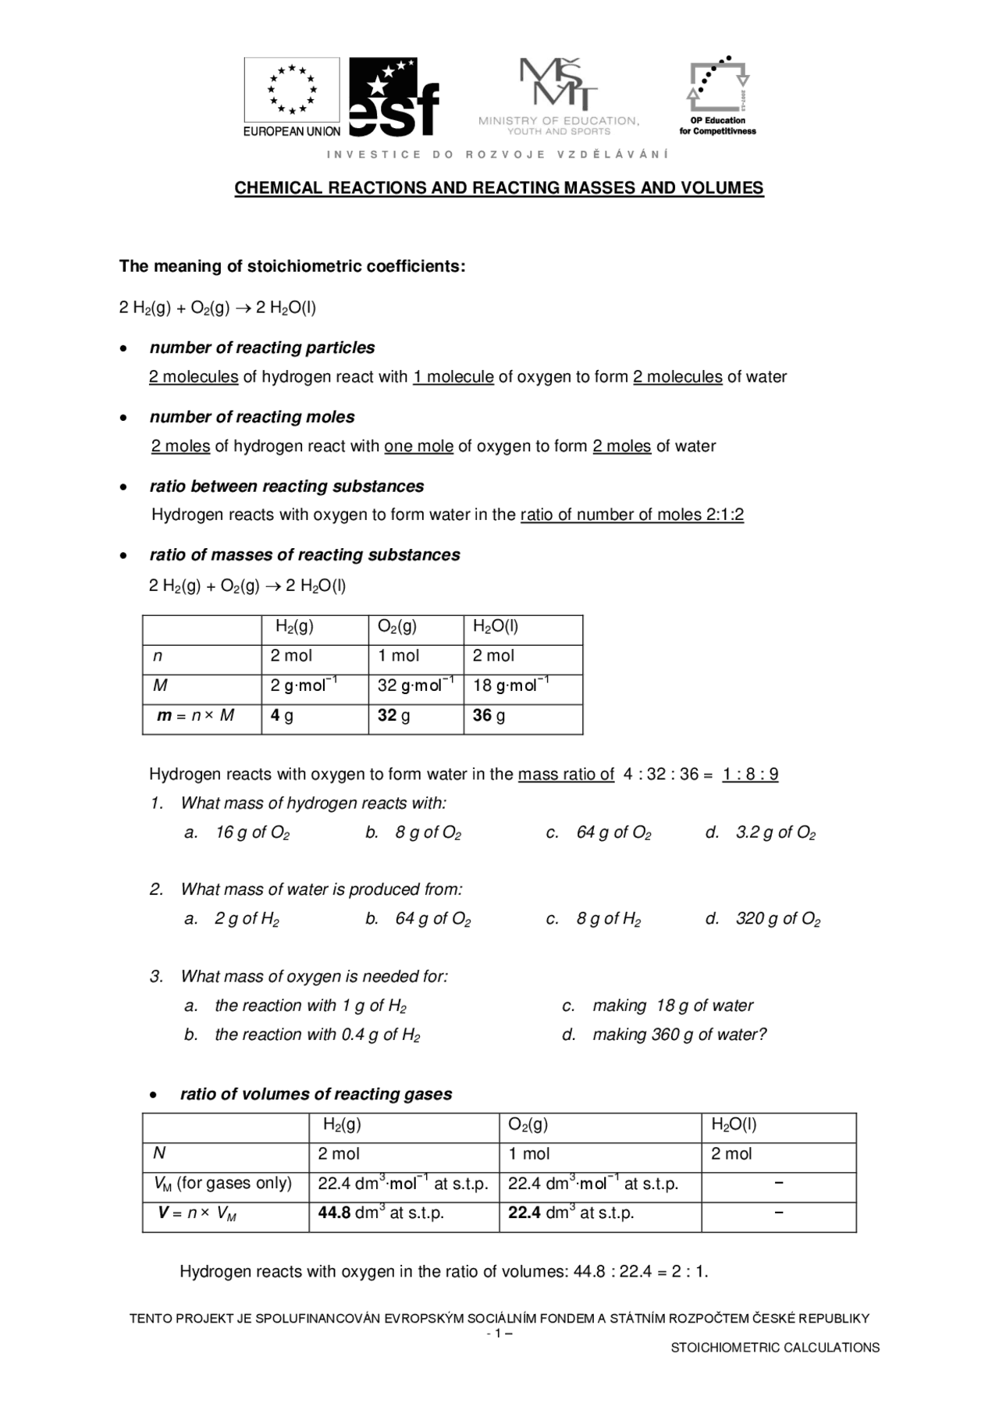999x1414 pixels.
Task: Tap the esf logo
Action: point(394,97)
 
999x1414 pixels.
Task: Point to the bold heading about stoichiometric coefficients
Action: point(292,266)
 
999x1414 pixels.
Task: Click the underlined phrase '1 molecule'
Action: point(453,377)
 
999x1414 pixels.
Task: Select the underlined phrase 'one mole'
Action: point(418,447)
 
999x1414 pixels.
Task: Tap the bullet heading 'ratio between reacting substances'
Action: point(286,486)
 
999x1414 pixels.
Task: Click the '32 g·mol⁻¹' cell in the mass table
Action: point(415,686)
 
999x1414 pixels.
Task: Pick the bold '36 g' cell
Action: point(489,716)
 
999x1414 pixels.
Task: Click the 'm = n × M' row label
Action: point(196,716)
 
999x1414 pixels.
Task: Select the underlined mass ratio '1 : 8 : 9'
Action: point(750,775)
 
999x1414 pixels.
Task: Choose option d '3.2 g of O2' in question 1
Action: point(775,833)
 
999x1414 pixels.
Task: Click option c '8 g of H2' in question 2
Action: point(608,919)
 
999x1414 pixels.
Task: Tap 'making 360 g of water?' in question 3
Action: point(679,1035)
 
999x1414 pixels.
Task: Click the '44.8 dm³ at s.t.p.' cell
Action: point(381,1213)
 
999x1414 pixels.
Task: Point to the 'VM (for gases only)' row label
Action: point(223,1184)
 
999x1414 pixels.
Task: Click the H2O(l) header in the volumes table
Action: point(734,1125)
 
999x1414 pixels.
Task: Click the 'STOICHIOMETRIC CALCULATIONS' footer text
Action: point(775,1348)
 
